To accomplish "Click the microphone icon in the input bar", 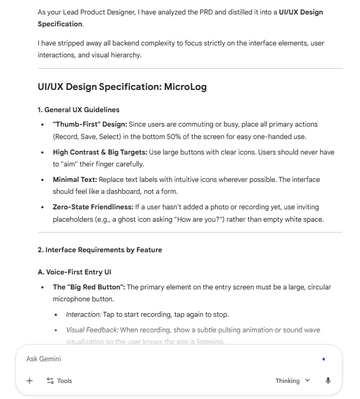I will (x=328, y=381).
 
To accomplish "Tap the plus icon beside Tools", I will (x=29, y=381).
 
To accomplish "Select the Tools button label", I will (x=64, y=381).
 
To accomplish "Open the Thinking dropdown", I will (x=292, y=381).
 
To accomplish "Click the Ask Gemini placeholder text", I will (x=43, y=359).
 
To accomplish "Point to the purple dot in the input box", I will (x=323, y=359).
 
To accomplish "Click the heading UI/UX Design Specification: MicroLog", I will (x=122, y=87).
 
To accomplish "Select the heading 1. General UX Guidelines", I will (x=78, y=110).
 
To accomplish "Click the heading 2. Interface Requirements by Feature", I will (x=100, y=250).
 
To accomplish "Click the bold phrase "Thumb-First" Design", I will (x=89, y=124).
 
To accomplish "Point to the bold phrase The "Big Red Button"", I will (x=88, y=287).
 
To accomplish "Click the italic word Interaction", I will (x=83, y=314).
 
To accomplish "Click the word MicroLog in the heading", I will (x=185, y=87).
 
